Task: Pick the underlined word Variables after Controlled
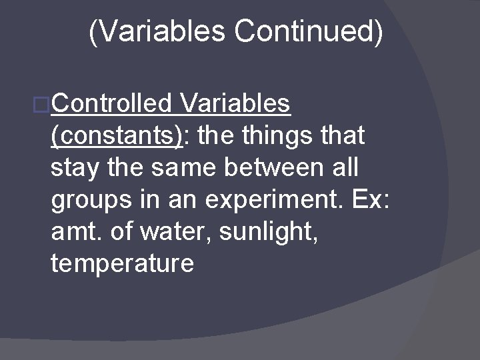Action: [x=235, y=104]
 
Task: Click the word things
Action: [x=277, y=136]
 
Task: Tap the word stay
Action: [x=75, y=168]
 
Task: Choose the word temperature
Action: [x=122, y=264]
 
